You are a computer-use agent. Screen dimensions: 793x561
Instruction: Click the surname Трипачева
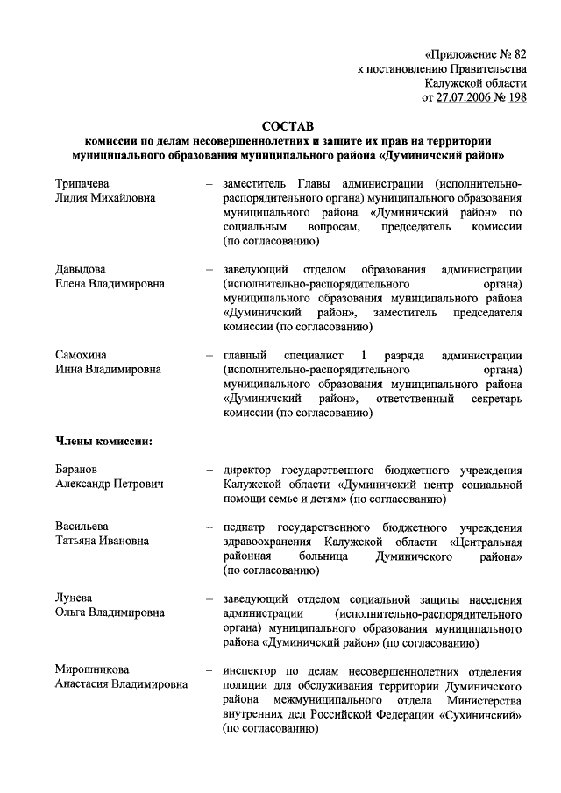[x=83, y=183]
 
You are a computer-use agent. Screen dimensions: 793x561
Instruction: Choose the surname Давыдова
[x=81, y=269]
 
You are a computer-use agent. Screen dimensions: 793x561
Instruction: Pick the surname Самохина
[x=81, y=355]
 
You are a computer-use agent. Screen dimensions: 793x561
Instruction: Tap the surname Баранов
[x=76, y=469]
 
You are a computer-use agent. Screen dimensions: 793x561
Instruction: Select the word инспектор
[x=252, y=670]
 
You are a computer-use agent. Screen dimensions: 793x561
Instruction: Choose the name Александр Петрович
[x=109, y=484]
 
